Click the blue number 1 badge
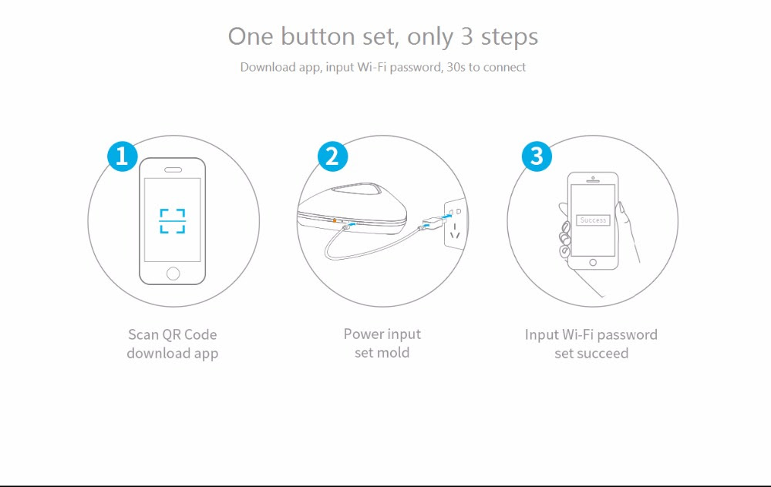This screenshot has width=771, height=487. (x=123, y=156)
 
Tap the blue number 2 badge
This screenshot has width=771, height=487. (x=332, y=156)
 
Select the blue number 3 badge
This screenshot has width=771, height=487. (x=537, y=156)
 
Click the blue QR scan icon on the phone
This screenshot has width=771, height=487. (x=173, y=221)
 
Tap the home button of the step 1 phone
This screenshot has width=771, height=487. (x=173, y=274)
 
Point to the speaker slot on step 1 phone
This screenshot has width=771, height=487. (x=173, y=170)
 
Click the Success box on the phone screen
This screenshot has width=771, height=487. (x=593, y=220)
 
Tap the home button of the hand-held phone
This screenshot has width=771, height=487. (x=593, y=263)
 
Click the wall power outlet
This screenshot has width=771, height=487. (x=454, y=223)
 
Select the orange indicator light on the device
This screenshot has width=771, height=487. (x=335, y=220)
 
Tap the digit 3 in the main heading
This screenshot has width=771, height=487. (x=466, y=37)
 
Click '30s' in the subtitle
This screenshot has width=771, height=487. (x=456, y=67)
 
